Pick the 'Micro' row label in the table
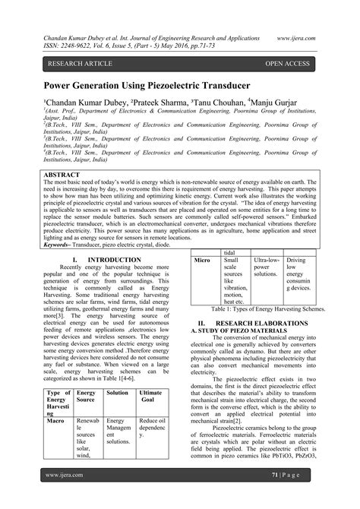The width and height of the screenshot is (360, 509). pos(202,261)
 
